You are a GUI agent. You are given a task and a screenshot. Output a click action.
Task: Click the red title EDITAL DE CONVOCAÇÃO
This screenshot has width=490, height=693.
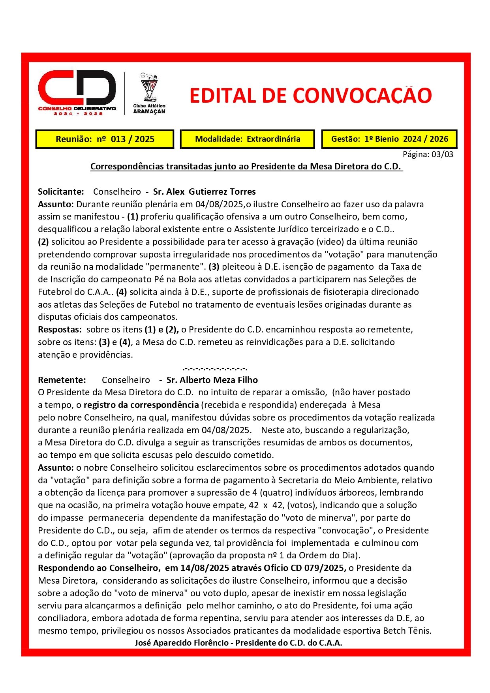point(310,96)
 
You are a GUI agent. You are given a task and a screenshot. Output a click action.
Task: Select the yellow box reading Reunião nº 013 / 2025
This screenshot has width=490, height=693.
point(105,139)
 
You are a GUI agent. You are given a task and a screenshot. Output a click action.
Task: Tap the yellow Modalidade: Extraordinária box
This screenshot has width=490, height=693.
point(248,139)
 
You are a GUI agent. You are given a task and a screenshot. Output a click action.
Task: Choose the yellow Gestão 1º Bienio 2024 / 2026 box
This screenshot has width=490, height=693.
point(389,139)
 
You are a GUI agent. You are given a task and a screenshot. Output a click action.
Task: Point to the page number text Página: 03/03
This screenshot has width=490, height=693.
point(428,154)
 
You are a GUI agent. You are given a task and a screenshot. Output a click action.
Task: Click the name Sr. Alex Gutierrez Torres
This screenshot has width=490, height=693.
point(204,192)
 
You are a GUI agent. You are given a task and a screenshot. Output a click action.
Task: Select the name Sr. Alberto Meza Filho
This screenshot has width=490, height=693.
point(212,380)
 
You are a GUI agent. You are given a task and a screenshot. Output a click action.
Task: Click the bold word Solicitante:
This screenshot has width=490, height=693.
point(61,192)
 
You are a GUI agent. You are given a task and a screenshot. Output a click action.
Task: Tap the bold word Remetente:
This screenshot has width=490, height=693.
point(62,380)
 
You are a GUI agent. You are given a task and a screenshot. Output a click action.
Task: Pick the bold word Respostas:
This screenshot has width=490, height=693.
point(60,329)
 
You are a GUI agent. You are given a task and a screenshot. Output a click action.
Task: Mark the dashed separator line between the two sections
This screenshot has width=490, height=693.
point(215,368)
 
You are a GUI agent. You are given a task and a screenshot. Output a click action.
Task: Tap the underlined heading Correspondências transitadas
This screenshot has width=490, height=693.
point(246,167)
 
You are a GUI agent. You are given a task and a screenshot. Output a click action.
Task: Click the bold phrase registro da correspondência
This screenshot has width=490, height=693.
point(141,405)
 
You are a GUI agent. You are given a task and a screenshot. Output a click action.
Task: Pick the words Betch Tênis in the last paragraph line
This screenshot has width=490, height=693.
point(407,631)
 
